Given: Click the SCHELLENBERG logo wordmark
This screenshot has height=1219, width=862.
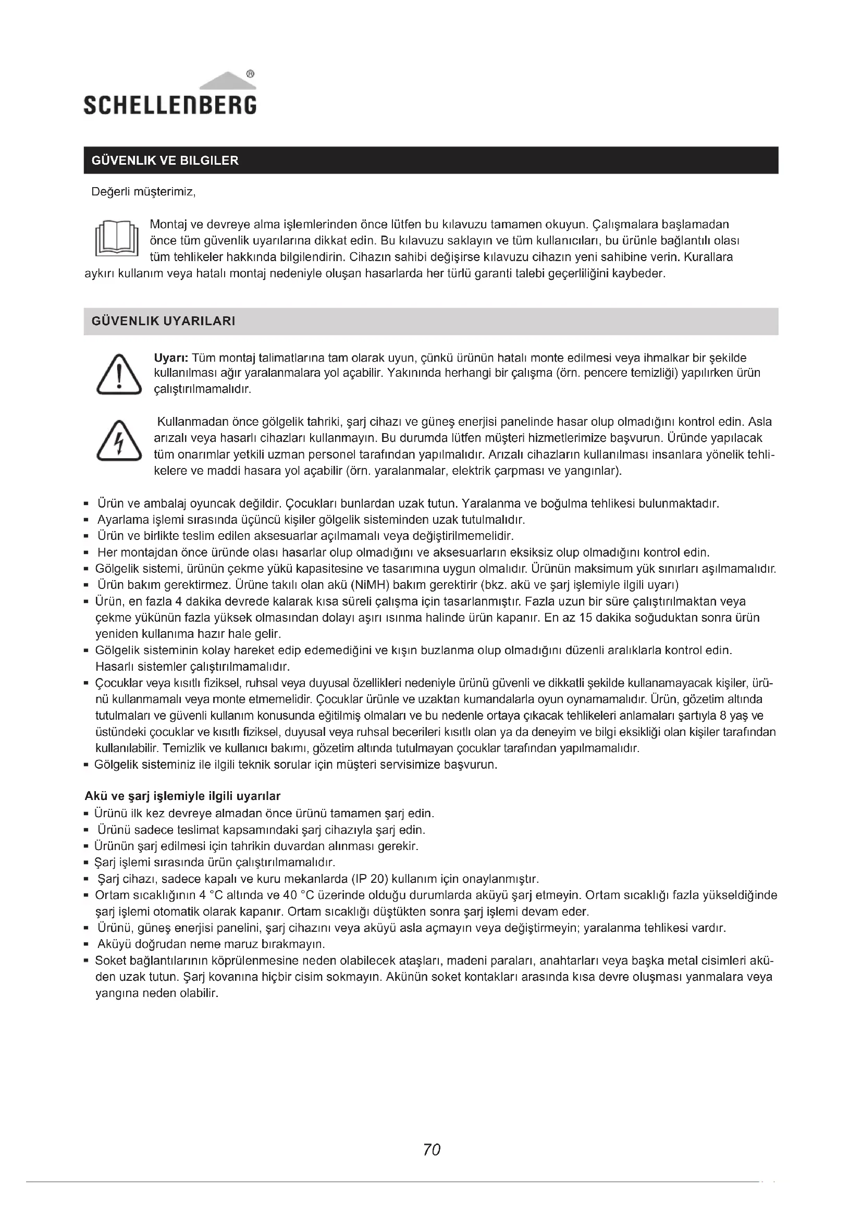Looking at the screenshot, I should coord(170,105).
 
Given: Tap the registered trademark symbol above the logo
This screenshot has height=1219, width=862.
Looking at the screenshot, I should coord(251,74).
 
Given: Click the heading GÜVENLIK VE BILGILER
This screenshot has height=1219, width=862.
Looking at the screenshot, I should coord(165,161).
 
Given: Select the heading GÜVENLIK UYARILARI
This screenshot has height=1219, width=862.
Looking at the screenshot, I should coord(164,321).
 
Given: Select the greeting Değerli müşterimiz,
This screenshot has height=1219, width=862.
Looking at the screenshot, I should coord(144,192).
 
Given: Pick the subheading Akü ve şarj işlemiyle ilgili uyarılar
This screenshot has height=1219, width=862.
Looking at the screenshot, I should coord(182,796).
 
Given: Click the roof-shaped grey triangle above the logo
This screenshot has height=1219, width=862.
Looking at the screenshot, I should coord(227,81).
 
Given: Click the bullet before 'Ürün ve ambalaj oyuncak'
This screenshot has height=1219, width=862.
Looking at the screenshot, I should coord(86,503).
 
